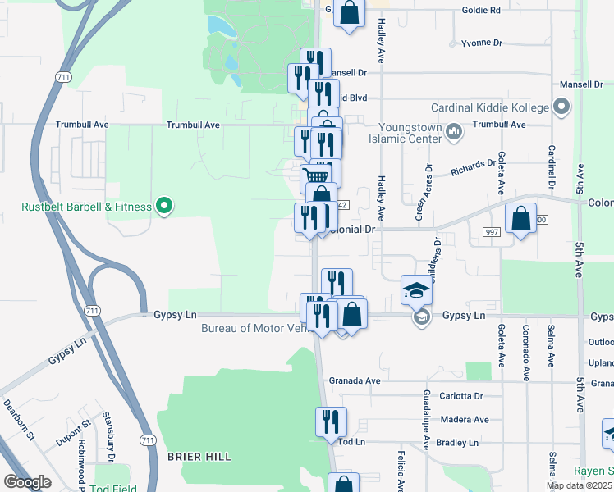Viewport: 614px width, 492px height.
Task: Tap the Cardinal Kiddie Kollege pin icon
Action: pyautogui.click(x=561, y=107)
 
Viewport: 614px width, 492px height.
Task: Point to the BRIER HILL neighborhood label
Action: pyautogui.click(x=199, y=456)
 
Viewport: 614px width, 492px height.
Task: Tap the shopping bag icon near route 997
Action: pyautogui.click(x=520, y=219)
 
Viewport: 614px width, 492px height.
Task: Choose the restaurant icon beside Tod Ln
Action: pyautogui.click(x=331, y=422)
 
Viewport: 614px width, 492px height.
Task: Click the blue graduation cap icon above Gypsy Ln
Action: pyautogui.click(x=416, y=289)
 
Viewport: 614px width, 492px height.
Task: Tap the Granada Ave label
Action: pyautogui.click(x=355, y=381)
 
